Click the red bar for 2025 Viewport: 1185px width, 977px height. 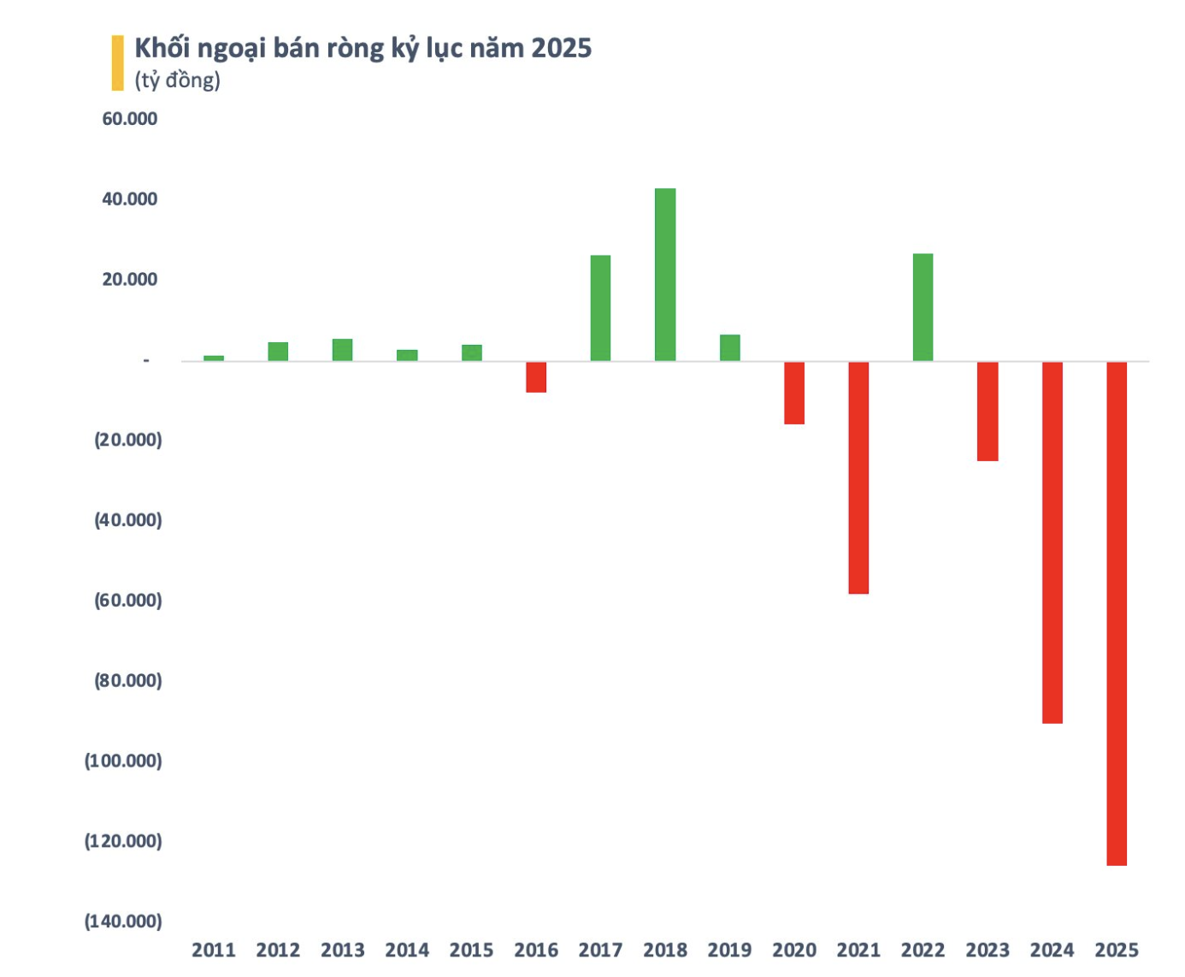coord(1117,613)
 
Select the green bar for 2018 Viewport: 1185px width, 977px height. coord(665,275)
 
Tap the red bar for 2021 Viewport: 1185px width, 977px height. coord(858,477)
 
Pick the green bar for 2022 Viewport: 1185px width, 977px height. coord(923,307)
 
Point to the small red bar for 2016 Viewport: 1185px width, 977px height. coord(536,377)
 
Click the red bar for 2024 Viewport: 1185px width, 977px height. coord(1052,542)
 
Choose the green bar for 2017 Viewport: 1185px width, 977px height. coord(600,308)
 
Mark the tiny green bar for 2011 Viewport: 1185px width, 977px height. coord(214,358)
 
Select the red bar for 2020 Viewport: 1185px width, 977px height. coord(794,393)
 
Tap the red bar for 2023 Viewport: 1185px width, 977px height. coord(987,412)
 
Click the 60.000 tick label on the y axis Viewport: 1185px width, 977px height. coord(130,119)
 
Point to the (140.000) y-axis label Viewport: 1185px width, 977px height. coord(123,921)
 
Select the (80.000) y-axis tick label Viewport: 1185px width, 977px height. coord(128,681)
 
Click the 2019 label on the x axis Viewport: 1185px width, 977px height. coord(729,950)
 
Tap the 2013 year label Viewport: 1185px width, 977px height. coord(343,950)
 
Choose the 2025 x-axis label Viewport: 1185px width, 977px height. coord(1117,950)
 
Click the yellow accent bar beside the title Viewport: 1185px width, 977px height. coord(117,62)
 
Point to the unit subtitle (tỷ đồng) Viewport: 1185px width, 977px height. coord(178,80)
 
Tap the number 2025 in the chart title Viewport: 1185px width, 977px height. coord(562,48)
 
